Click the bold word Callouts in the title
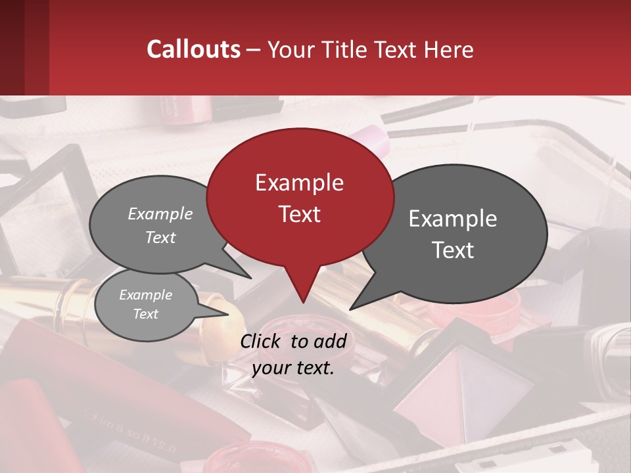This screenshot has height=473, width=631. (x=193, y=49)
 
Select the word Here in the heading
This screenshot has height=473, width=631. (x=449, y=49)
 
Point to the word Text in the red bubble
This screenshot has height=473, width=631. (x=299, y=214)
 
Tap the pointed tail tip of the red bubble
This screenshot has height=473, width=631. (x=303, y=302)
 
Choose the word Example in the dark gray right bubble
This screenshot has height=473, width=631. (x=453, y=218)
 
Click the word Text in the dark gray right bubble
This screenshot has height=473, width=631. (x=453, y=250)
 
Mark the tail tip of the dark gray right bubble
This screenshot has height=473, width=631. (x=350, y=309)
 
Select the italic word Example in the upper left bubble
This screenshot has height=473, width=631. (x=160, y=214)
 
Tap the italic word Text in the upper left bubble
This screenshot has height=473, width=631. (x=160, y=237)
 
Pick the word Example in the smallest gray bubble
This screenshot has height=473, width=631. (x=145, y=295)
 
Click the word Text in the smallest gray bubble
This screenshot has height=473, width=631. (x=145, y=314)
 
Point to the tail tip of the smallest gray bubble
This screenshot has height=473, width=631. (x=228, y=314)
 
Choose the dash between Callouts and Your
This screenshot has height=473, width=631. (x=254, y=49)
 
